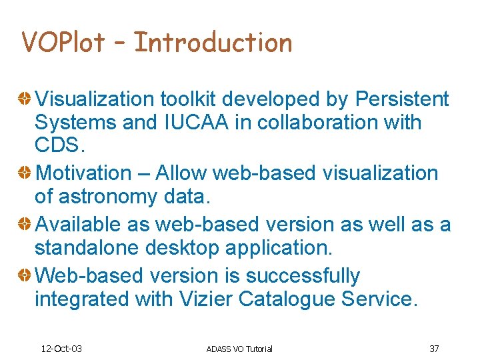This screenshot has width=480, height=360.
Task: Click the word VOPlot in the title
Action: (63, 43)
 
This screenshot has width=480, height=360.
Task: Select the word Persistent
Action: (402, 99)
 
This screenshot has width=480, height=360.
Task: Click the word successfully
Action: (303, 276)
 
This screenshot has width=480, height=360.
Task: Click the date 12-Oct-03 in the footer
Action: (61, 349)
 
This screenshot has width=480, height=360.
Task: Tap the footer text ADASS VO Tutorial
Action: (239, 349)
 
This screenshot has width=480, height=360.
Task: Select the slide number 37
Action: (434, 349)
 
